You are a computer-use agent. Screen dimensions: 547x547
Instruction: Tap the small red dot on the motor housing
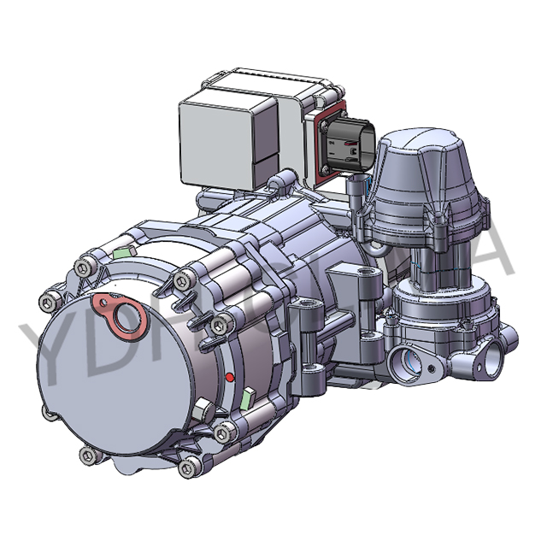coord(228,376)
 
